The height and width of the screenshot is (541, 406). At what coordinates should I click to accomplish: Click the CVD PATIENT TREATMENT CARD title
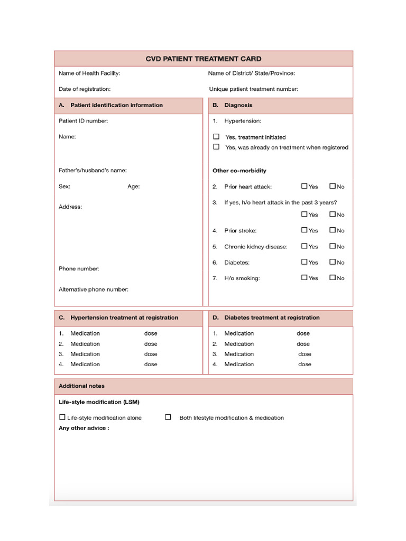click(x=204, y=59)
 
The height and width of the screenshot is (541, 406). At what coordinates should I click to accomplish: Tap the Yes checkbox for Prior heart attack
click(x=304, y=186)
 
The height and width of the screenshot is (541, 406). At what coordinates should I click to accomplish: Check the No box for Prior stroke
click(x=333, y=230)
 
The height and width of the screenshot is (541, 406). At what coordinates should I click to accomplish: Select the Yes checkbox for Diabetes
click(x=304, y=262)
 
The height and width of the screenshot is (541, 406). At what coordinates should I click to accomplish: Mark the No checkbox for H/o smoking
click(x=333, y=277)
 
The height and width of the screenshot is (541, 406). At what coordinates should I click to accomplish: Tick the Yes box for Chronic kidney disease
click(x=304, y=246)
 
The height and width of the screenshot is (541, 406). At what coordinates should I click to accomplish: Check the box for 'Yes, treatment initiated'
click(x=216, y=136)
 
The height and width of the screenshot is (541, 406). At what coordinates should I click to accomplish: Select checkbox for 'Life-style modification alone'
click(x=62, y=417)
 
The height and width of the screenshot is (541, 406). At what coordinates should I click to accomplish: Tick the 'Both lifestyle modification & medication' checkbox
click(x=168, y=417)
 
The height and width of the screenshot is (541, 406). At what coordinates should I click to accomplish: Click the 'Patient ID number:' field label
click(x=83, y=121)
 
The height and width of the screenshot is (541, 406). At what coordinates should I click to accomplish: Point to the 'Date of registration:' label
click(x=85, y=89)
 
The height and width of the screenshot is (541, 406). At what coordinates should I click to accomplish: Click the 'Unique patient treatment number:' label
click(x=253, y=89)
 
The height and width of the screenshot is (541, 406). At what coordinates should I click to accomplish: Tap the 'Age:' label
click(x=134, y=186)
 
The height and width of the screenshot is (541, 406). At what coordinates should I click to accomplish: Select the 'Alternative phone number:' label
click(x=94, y=289)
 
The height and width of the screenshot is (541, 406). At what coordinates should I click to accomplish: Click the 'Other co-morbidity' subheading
click(x=239, y=171)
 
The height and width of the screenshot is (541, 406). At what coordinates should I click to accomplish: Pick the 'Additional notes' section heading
click(x=81, y=386)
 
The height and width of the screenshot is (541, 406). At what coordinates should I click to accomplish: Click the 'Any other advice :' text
click(x=84, y=428)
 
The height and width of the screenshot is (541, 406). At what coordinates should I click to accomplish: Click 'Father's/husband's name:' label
click(x=93, y=170)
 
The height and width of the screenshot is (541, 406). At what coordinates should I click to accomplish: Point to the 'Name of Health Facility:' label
click(x=89, y=73)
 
